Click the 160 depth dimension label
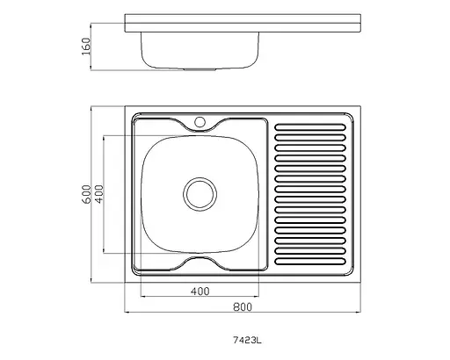tap(87, 47)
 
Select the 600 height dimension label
tap(87, 194)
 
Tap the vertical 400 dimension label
tap(99, 194)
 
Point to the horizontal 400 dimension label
tap(200, 292)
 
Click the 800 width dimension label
tap(243, 307)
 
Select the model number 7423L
tap(247, 341)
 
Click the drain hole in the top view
tap(200, 194)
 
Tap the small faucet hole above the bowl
tap(200, 122)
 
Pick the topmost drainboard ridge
tap(310, 127)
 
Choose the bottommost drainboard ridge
tap(310, 262)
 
